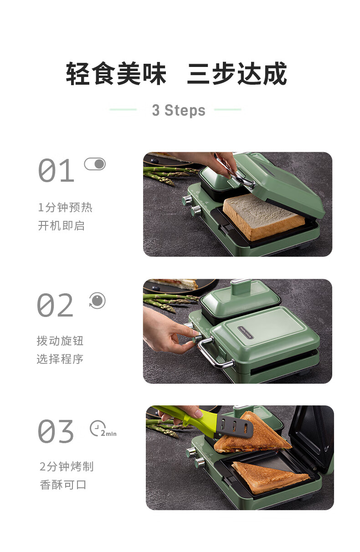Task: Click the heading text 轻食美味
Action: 116,73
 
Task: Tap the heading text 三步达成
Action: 237,73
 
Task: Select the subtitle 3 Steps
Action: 179,110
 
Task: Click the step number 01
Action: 56,170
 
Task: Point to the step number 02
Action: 55,305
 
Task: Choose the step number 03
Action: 56,431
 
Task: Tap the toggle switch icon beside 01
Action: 95,164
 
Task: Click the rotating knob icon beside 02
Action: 97,301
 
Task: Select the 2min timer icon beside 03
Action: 103,429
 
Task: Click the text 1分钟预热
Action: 65,207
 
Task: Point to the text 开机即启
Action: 62,225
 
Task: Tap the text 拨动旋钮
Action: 60,341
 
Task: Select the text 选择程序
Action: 60,359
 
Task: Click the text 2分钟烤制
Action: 67,466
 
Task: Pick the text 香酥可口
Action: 63,485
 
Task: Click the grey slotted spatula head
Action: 234,428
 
